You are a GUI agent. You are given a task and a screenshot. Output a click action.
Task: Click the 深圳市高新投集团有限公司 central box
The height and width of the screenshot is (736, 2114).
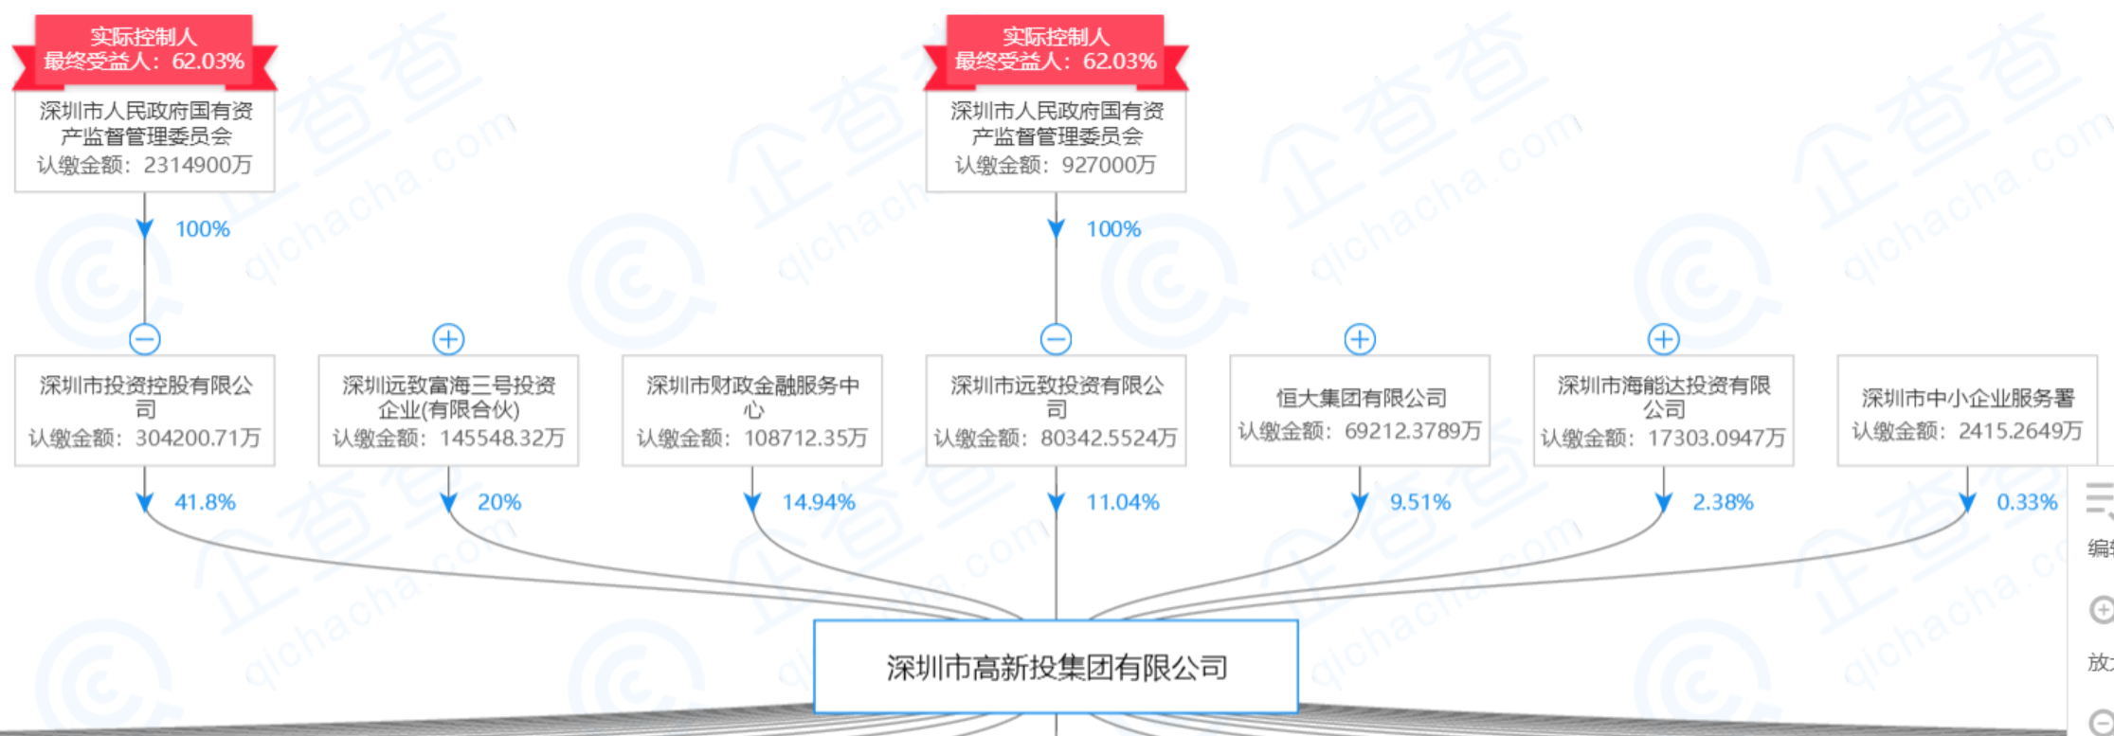1056,667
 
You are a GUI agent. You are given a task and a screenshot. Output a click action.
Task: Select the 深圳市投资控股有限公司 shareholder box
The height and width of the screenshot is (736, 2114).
145,410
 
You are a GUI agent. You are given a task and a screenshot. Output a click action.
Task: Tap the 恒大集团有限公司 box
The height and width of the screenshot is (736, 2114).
1360,410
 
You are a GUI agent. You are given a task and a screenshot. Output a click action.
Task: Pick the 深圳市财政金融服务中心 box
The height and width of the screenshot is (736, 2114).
752,410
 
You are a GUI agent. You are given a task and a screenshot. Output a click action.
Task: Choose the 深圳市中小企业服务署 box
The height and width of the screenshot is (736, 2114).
1967,410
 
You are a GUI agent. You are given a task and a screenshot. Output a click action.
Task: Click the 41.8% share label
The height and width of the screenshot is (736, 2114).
205,502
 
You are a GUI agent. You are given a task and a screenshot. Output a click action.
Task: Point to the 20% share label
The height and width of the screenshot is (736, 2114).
499,502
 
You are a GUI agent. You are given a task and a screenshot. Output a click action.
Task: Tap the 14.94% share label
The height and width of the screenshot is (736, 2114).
819,502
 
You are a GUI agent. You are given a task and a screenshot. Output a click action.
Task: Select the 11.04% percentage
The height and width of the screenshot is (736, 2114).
1123,502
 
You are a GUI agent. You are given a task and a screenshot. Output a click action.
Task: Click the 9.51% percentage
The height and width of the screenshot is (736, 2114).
1420,502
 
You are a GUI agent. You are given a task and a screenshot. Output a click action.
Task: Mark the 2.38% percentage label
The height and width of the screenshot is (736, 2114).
1724,502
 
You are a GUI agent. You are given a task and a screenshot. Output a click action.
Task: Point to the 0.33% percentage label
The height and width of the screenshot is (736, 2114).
2028,502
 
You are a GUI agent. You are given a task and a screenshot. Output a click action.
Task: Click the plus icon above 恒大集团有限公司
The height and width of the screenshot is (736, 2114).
1360,338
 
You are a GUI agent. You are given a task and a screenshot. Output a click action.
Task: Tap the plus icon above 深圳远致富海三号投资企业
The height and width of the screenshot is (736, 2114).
448,338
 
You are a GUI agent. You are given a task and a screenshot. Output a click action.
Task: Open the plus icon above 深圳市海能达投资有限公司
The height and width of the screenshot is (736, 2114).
1664,338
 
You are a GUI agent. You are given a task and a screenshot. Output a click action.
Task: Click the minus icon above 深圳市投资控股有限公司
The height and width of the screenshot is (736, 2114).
145,338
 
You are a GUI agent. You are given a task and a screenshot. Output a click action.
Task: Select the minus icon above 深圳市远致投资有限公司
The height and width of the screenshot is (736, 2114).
1056,338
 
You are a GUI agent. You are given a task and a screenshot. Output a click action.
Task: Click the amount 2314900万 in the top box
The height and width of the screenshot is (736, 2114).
198,165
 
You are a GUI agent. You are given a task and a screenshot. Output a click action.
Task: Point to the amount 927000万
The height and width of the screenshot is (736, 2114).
1109,165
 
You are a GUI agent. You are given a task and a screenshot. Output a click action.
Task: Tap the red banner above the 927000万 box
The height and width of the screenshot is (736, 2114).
1056,49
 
